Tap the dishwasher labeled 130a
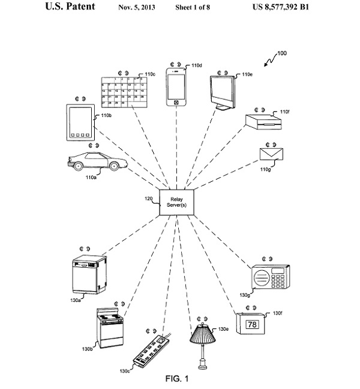[89, 274]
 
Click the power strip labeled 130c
[153, 349]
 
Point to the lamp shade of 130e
[203, 335]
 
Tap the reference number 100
[281, 53]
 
